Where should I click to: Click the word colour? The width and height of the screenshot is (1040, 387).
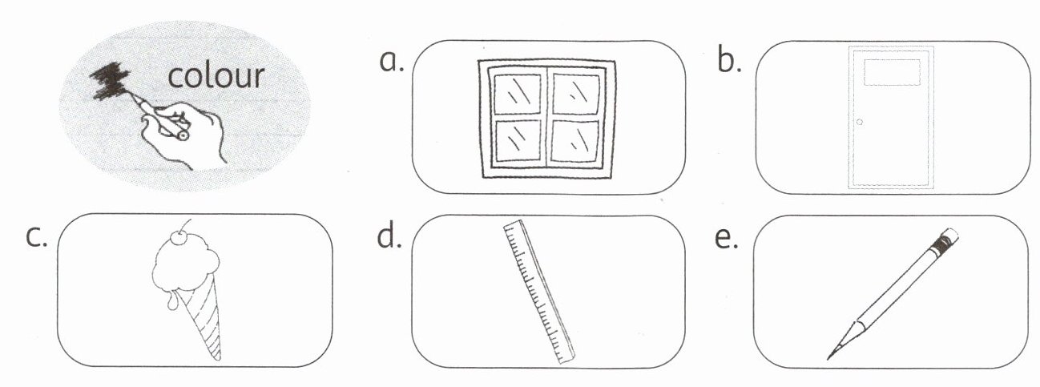pos(216,76)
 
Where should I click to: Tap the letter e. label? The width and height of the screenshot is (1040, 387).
pos(727,238)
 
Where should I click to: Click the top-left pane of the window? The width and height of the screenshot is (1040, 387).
pos(516,93)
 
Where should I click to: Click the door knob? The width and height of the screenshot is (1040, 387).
pos(860,123)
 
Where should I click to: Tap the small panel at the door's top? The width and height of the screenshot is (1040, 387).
pos(892,71)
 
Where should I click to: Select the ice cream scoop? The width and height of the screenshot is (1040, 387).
pos(179,267)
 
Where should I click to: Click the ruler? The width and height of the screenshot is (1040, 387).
pos(538,293)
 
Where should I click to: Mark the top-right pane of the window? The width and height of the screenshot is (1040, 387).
pos(575,93)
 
